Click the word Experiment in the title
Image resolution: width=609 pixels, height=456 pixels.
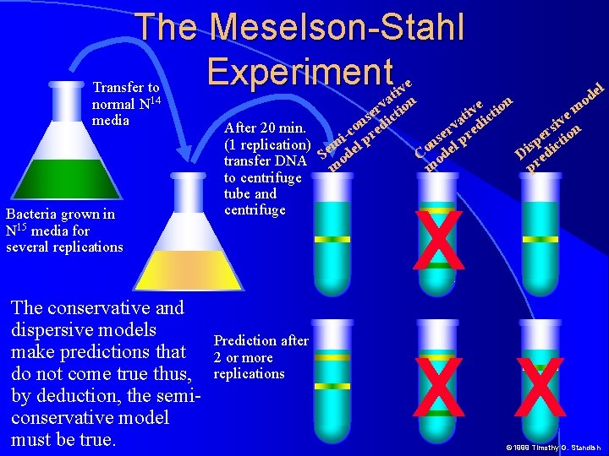coord(299,73)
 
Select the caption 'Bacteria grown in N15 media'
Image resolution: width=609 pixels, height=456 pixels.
coord(63,231)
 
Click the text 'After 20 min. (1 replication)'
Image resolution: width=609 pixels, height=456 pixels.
coord(265,137)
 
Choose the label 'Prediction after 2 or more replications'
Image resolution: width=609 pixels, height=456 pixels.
coord(261,357)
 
